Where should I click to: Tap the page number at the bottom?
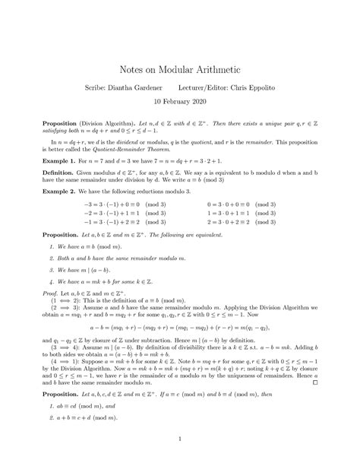click(180, 439)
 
